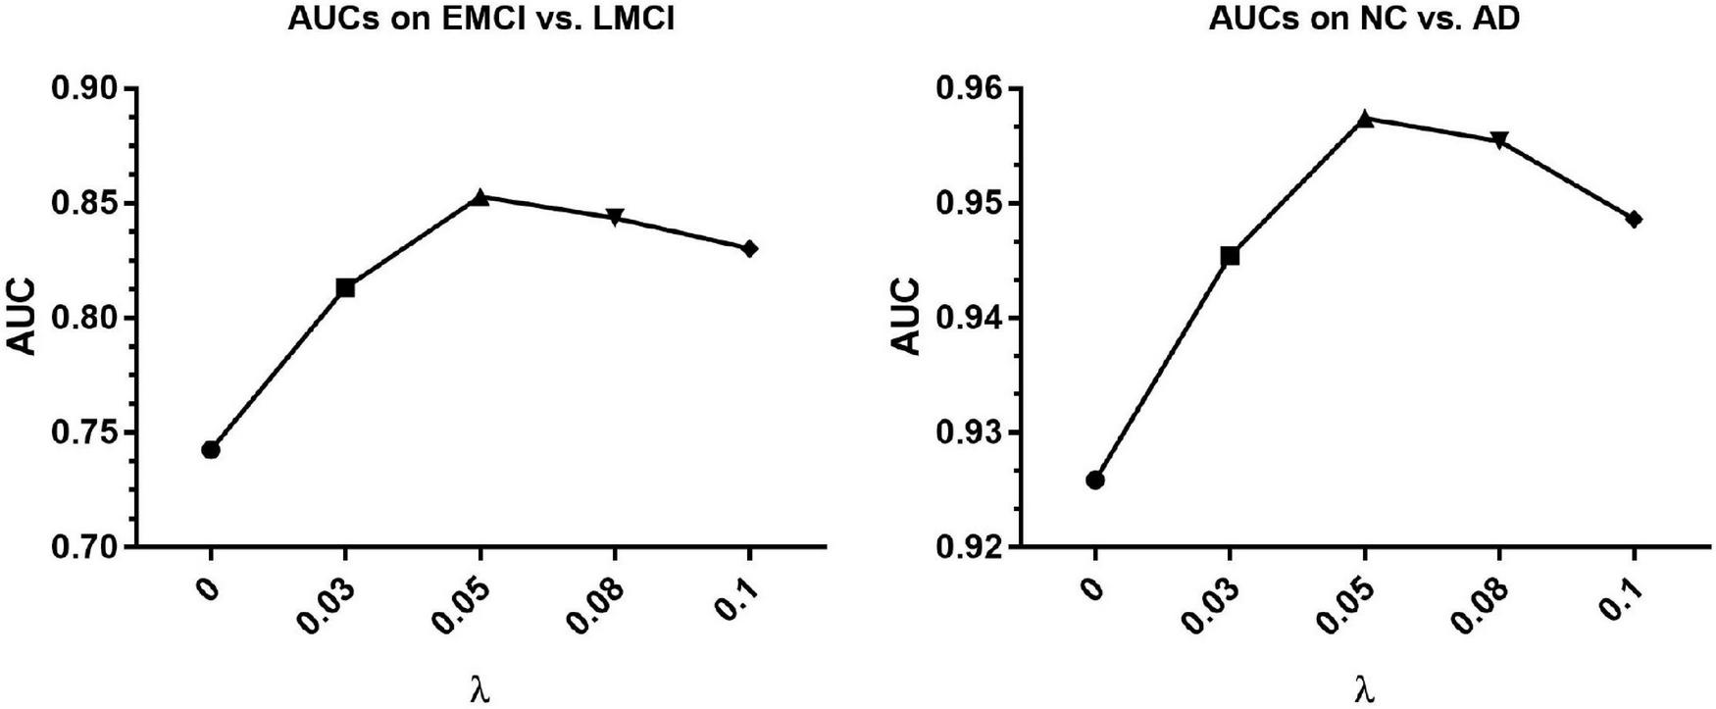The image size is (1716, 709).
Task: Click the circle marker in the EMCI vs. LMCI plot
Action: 210,450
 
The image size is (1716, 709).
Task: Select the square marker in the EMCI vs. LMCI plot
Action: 345,287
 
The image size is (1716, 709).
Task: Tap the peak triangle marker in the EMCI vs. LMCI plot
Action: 479,198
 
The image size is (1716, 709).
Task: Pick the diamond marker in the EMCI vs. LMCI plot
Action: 749,249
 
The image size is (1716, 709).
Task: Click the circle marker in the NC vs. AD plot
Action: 1095,480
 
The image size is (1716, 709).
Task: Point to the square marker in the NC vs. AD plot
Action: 1230,256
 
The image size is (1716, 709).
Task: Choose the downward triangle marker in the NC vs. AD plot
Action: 1499,140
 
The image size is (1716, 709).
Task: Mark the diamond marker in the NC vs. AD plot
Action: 1634,220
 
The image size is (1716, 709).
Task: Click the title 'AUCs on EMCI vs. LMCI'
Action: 480,20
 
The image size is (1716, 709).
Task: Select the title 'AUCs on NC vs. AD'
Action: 1364,20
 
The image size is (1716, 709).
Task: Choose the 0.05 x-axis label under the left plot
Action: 463,605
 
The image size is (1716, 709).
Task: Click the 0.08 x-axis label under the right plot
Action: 1483,605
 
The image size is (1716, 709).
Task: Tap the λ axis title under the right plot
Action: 1364,690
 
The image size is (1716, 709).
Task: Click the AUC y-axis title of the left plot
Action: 22,318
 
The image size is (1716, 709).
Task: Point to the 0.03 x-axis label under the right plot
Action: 1213,605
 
